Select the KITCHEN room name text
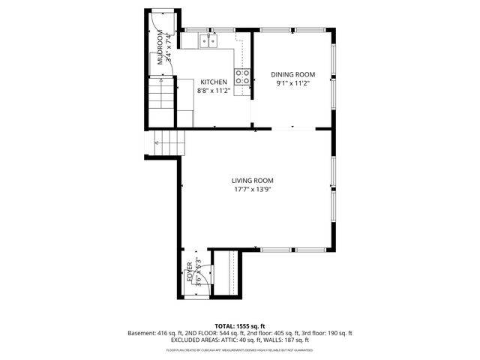pyautogui.click(x=213, y=82)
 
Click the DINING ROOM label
pyautogui.click(x=292, y=74)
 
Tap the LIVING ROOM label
pyautogui.click(x=252, y=181)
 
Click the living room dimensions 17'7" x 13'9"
pyautogui.click(x=252, y=189)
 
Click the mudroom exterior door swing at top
pyautogui.click(x=159, y=22)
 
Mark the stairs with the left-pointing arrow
pyautogui.click(x=169, y=142)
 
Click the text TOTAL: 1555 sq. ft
pyautogui.click(x=239, y=326)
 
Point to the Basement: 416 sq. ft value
pyautogui.click(x=155, y=332)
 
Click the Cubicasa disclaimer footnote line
pyautogui.click(x=239, y=349)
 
